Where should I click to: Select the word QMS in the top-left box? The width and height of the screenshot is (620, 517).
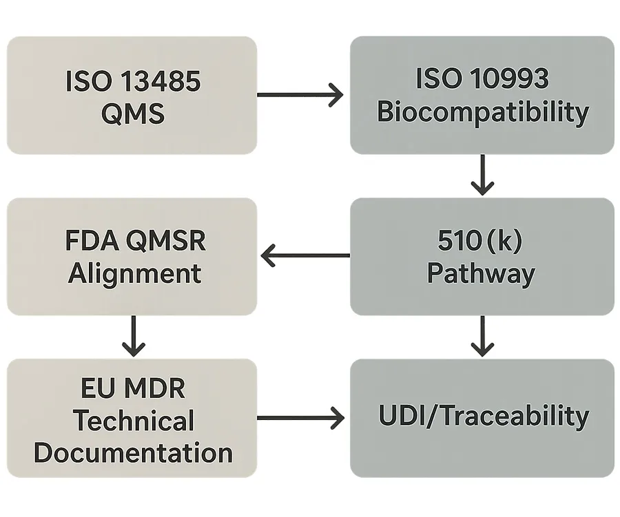coord(132,113)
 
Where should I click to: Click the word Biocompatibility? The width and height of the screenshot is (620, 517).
coord(482,112)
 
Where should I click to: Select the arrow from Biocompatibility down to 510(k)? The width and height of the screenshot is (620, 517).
coord(482,174)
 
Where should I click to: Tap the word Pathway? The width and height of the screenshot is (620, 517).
coord(481,273)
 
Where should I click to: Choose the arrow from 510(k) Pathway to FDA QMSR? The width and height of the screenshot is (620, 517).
coord(304,256)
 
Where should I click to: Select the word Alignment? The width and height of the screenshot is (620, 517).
coord(134,273)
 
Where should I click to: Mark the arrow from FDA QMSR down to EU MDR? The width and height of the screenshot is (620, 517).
coord(132,335)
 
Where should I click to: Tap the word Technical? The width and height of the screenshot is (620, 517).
coord(134,421)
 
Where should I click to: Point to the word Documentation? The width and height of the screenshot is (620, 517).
coord(133,453)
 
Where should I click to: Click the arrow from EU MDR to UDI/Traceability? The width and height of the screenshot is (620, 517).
coord(300,417)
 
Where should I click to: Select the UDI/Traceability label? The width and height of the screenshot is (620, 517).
coord(483,416)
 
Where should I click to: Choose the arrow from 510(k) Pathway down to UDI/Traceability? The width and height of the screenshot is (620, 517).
coord(482,335)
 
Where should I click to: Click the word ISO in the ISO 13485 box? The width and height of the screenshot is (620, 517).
coord(87,81)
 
